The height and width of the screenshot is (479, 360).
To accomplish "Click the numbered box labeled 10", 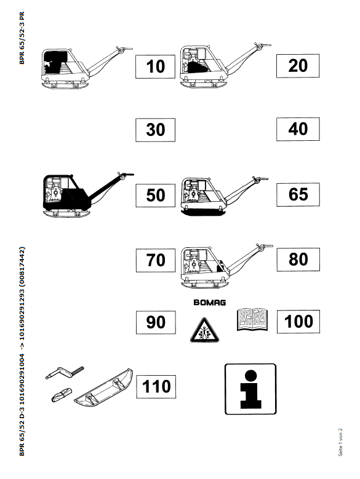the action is point(155,66).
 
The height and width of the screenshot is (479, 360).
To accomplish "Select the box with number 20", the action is point(298,66).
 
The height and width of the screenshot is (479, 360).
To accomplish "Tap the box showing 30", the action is point(155,130).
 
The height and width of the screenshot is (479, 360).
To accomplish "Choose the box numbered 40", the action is point(298,129).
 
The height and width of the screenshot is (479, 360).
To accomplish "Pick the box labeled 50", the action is point(156,196).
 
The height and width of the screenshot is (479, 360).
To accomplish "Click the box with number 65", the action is point(298,194).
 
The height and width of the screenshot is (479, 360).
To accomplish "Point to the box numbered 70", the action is point(156,260).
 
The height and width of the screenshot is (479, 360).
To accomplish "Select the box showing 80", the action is point(298,259).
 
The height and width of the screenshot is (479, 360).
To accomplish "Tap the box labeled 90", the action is point(156,322).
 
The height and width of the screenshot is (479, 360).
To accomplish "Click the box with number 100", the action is point(298,322).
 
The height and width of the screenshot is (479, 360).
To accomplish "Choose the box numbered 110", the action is point(156,386).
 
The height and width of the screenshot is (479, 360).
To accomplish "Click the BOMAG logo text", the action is point(210,303).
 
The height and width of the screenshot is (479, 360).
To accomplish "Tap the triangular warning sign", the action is point(204,331).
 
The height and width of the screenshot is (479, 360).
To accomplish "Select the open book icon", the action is point(252,320).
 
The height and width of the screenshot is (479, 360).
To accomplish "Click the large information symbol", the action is point(250,389).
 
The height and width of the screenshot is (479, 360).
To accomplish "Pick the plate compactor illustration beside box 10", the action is point(87,68).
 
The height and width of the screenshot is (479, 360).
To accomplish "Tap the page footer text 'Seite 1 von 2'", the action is point(340,442).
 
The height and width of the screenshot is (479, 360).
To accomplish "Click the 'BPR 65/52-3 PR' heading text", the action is point(22,38).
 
